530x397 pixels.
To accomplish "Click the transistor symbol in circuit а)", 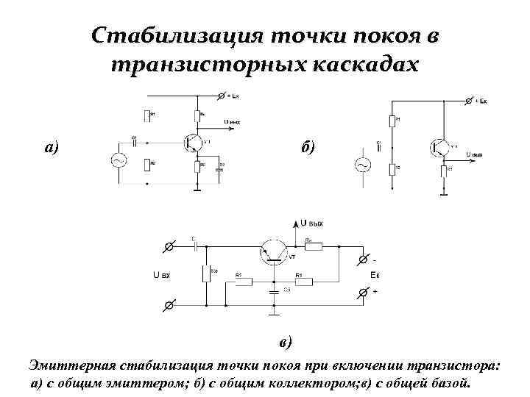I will coord(194,142).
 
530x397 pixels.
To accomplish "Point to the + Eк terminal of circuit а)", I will coord(223,96).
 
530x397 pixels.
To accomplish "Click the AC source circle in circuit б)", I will coord(362,165).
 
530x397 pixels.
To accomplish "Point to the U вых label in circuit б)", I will coord(475,154).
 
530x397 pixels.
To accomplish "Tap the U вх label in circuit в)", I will coord(161,276).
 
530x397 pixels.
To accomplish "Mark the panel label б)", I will coord(306,147).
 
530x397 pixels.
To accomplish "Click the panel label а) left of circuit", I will coord(52,147).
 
